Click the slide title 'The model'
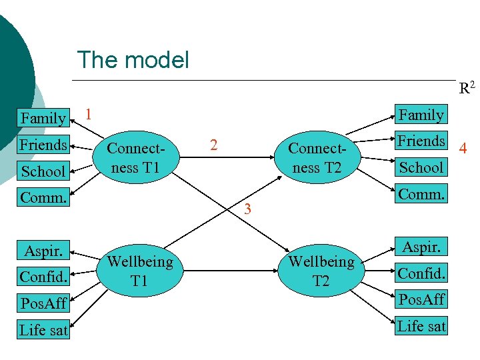point(133,60)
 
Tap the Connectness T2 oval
point(316,158)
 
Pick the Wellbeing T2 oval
point(321,271)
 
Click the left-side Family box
point(43,118)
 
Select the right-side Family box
point(421,115)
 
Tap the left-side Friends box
point(43,145)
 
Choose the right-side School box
point(421,167)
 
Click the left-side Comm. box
point(43,197)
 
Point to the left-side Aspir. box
point(43,251)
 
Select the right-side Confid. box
point(421,273)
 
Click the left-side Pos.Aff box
point(43,303)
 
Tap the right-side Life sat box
point(421,326)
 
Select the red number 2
point(213,144)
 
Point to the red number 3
point(247,209)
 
